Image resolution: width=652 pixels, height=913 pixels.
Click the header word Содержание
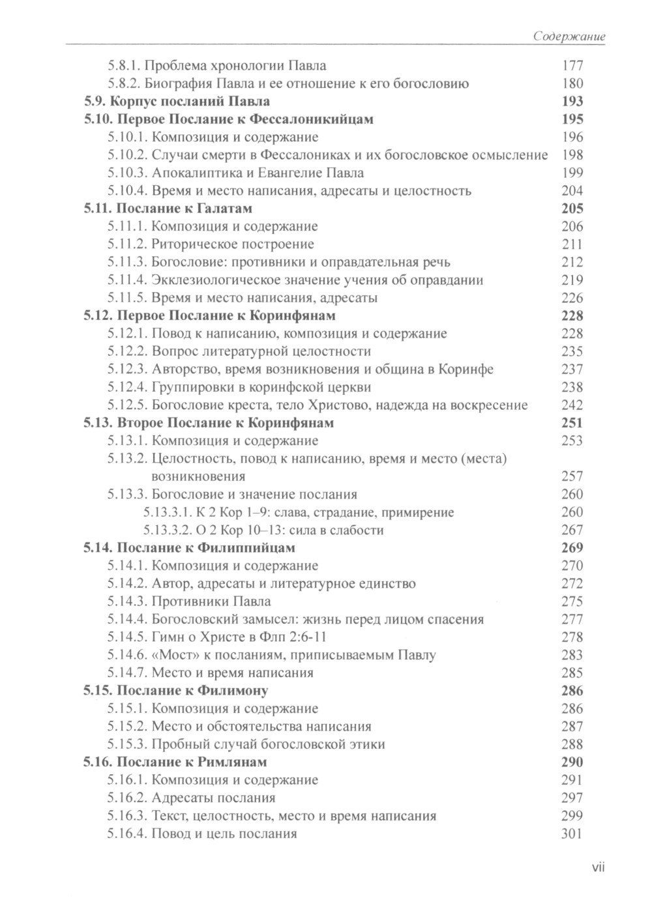569,36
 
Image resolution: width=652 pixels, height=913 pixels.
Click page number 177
572,66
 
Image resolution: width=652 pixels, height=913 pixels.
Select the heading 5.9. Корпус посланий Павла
177,102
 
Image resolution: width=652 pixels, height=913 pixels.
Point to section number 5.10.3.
127,173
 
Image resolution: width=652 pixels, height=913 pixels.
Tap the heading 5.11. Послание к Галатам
168,209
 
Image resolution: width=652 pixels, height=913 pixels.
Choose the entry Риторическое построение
233,244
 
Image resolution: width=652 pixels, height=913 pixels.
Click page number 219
572,280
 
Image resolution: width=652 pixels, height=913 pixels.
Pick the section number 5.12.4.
127,387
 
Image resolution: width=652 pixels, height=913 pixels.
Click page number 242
572,405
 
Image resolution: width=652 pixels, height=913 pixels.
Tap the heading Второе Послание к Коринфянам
226,423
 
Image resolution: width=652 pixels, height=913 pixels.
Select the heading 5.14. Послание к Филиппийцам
190,547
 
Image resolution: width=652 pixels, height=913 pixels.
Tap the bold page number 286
572,691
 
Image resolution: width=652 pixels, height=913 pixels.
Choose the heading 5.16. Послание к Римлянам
175,762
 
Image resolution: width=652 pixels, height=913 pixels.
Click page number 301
572,833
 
